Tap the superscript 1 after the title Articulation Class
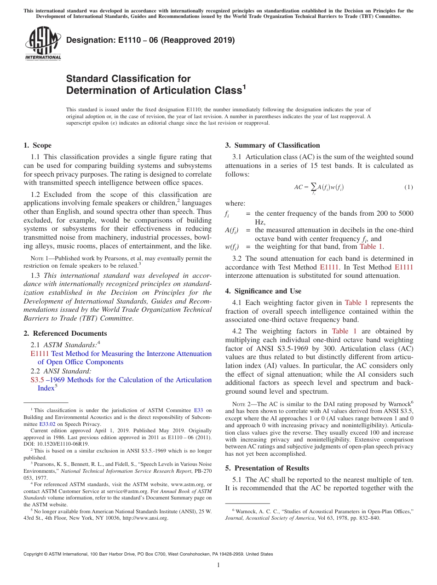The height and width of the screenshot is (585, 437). tap(244, 87)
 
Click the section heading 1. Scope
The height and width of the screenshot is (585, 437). tap(38, 145)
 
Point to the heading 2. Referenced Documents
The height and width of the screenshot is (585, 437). tap(65, 333)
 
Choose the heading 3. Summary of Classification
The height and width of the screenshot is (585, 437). tap(272, 145)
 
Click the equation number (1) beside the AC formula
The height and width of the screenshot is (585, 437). tap(408, 187)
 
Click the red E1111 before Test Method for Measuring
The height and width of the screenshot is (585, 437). tap(40, 354)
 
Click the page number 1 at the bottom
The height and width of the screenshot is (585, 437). tap(218, 565)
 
